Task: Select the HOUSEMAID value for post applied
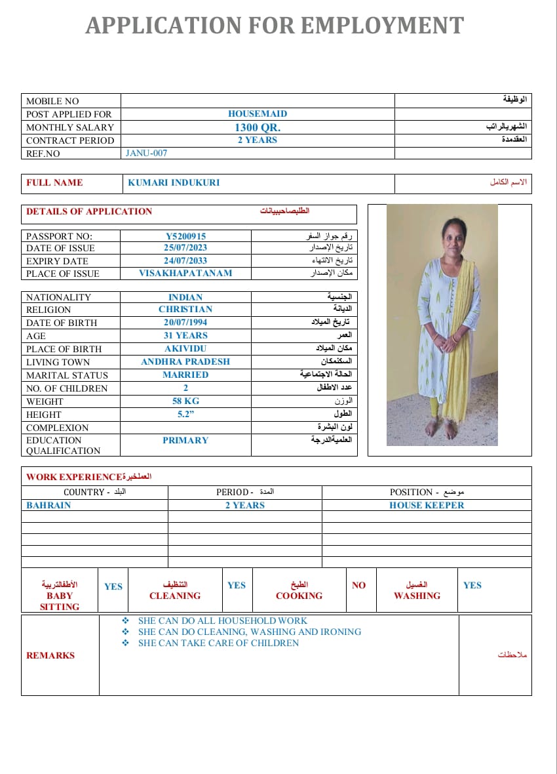(258, 113)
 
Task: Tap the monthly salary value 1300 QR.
(258, 127)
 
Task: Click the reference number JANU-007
(146, 153)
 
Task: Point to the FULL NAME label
(54, 183)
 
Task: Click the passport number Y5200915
(185, 235)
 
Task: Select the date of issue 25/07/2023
(185, 248)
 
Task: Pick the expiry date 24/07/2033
(185, 260)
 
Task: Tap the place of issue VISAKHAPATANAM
(185, 273)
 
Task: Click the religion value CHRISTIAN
(185, 309)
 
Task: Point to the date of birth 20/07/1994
(185, 322)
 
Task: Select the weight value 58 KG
(185, 401)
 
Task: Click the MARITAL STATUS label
(67, 375)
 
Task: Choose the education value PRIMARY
(185, 440)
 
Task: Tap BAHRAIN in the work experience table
(48, 505)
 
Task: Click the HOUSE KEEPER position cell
(427, 505)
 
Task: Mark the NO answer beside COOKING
(358, 585)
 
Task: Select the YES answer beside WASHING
(472, 585)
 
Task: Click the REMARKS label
(50, 655)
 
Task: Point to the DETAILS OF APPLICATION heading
(89, 211)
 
